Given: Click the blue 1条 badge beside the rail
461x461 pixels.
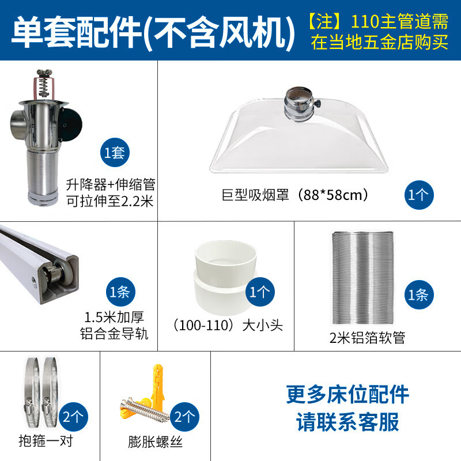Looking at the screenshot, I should (120, 291).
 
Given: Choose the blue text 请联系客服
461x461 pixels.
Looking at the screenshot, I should (347, 422).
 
